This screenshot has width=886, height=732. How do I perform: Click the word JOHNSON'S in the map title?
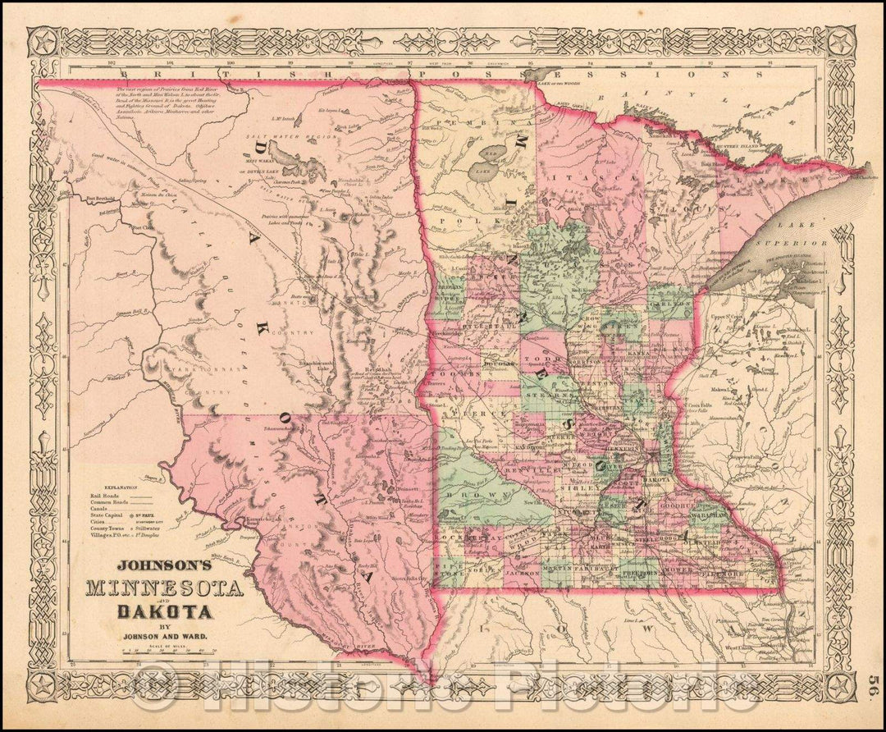point(164,565)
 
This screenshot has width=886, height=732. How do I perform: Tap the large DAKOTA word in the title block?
point(165,611)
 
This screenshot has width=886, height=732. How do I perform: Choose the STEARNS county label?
point(561,396)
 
